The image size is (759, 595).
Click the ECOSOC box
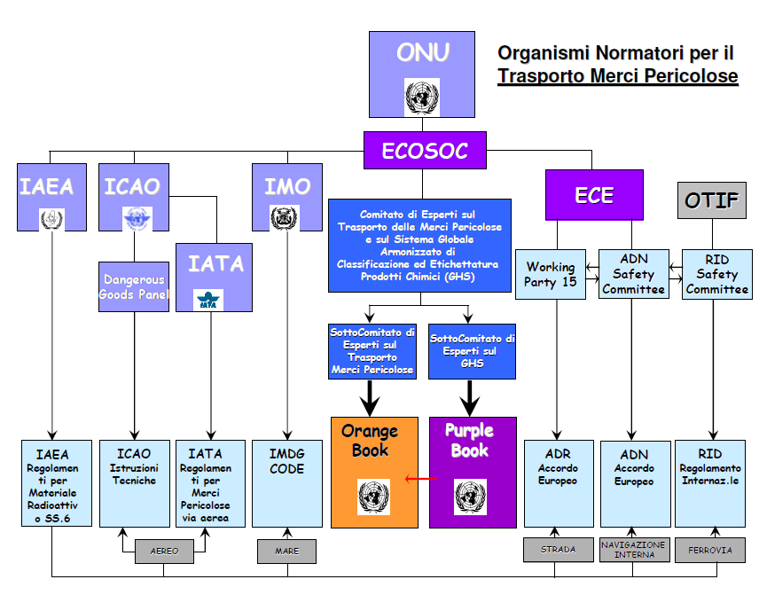425,151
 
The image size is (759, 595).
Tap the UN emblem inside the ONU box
422,96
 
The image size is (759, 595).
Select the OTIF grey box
711,200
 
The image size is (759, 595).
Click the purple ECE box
593,195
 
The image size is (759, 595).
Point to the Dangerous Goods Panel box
134,286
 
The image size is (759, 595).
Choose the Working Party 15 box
551,274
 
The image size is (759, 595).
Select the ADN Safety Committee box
633,274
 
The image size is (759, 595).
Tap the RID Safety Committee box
716,274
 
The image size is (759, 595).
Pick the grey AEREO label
164,551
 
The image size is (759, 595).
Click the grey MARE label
286,551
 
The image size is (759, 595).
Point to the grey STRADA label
558,550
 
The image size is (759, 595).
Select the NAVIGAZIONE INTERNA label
634,550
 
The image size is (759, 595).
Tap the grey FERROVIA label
710,550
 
